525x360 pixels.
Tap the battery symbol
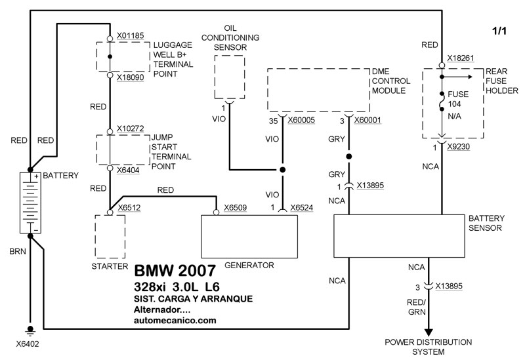pos(30,202)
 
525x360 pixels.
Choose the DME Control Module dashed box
pos(318,91)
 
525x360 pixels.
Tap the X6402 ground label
pos(29,342)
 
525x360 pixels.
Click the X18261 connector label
pos(461,58)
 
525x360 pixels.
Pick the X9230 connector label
pos(461,148)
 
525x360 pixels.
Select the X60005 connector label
pos(304,121)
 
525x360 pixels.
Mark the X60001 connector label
pos(368,121)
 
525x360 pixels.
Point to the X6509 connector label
pos(236,207)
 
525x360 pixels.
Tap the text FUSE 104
pos(458,99)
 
